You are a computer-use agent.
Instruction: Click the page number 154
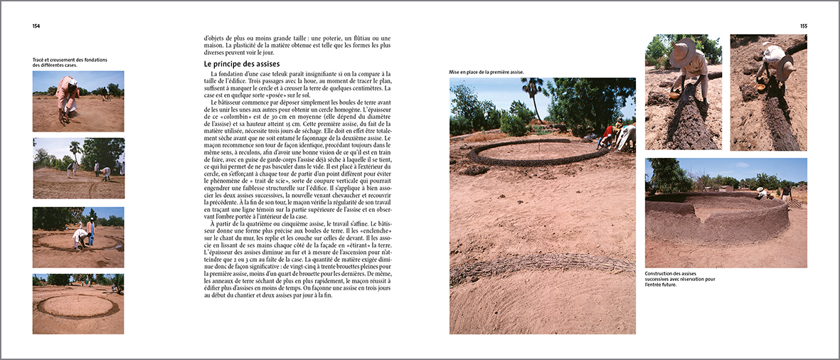point(36,26)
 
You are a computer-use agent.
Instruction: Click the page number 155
point(803,26)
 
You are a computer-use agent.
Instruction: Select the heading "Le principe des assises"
point(236,64)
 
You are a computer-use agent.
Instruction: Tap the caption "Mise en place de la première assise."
point(486,72)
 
